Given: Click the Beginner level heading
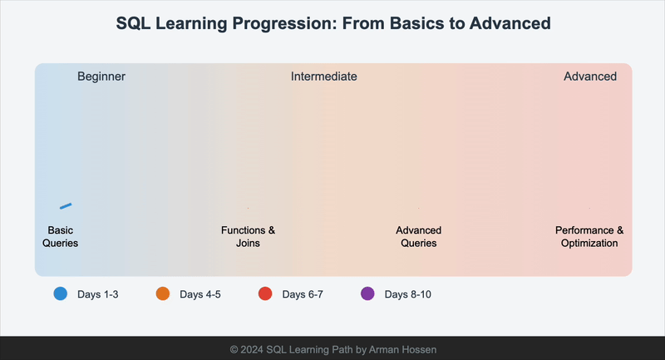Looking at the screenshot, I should tap(101, 76).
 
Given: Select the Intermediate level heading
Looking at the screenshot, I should tap(323, 76).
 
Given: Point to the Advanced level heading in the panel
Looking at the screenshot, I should tap(590, 76).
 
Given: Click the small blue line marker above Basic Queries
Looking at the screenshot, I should tap(66, 205).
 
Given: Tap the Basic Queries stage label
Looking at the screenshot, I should tap(62, 237).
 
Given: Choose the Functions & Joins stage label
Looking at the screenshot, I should tap(248, 237).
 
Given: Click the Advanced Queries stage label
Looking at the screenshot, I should tap(418, 237).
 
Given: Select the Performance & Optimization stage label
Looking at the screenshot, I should tap(589, 237).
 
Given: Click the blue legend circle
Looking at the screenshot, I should tap(61, 293).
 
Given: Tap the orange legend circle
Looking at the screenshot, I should tap(163, 293).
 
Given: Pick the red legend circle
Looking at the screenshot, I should tap(265, 293).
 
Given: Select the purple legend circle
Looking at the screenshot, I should tap(367, 293).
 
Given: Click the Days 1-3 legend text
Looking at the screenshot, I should tap(98, 294).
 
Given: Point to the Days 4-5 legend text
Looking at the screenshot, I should tap(200, 294).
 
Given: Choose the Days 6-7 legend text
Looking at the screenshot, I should tap(303, 294).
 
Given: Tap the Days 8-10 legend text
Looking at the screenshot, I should tap(407, 294).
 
